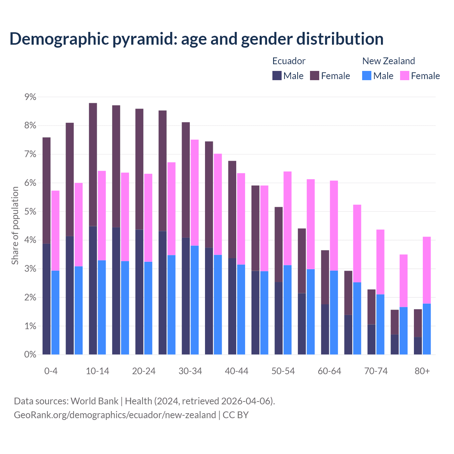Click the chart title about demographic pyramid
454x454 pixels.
click(196, 39)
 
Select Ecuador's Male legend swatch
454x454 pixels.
click(277, 76)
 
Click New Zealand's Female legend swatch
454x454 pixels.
click(404, 76)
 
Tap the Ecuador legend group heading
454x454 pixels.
click(289, 61)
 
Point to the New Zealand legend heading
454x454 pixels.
click(388, 61)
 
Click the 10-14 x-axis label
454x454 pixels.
click(97, 371)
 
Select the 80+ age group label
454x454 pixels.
click(422, 371)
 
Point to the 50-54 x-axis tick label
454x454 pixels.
click(283, 371)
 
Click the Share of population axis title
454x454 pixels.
click(15, 226)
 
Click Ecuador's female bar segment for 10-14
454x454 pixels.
click(93, 164)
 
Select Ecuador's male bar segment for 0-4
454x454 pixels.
click(46, 299)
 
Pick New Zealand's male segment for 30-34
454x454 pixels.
click(195, 300)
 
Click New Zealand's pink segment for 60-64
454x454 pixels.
click(334, 226)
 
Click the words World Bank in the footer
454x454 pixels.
click(94, 401)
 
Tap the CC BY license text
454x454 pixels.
click(236, 415)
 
